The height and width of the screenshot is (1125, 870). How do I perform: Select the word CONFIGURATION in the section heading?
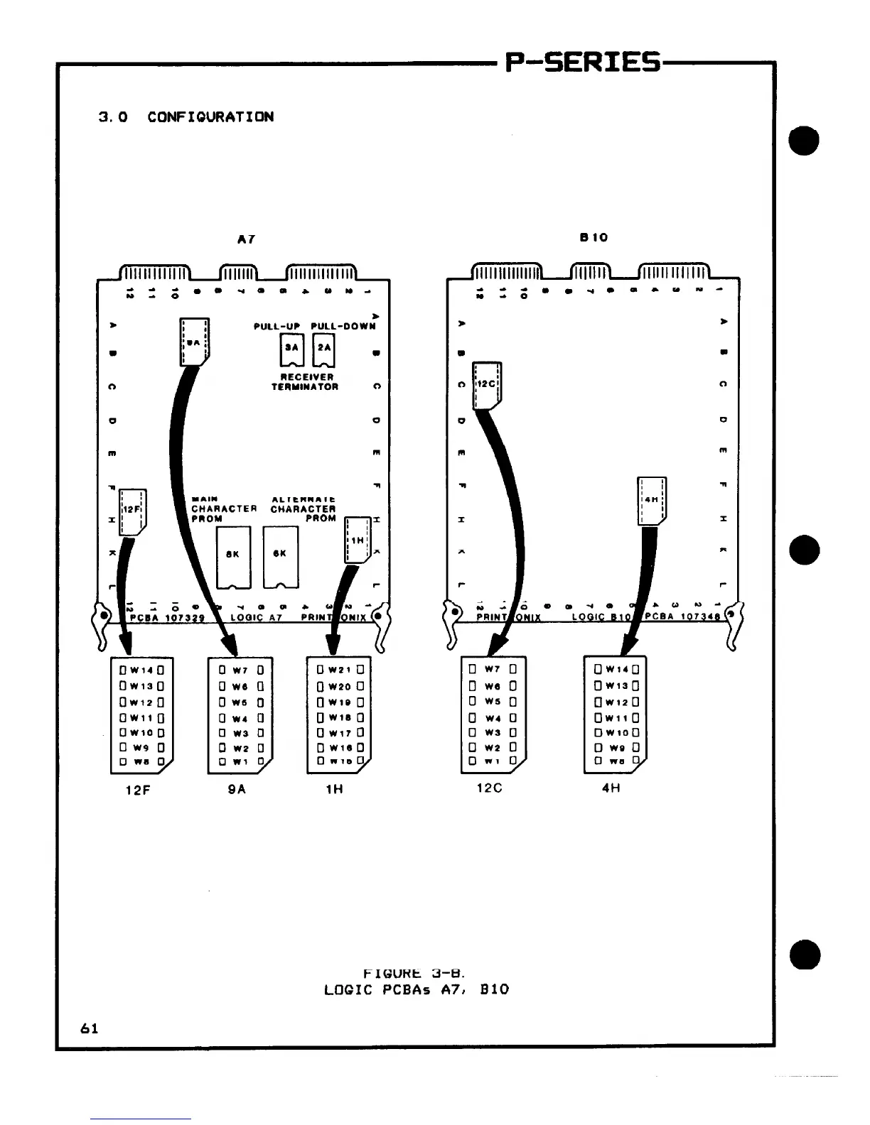click(x=210, y=117)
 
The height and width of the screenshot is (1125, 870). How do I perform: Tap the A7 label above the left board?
click(x=246, y=240)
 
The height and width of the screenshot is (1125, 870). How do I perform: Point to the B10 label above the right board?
click(x=594, y=237)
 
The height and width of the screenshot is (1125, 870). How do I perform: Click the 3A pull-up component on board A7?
click(x=291, y=348)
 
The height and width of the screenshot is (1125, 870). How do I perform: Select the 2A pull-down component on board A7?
click(x=324, y=348)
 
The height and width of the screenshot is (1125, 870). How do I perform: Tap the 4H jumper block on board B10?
click(x=652, y=500)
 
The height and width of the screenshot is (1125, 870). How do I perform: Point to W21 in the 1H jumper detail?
click(x=340, y=669)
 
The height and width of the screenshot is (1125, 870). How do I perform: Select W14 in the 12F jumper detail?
click(x=142, y=670)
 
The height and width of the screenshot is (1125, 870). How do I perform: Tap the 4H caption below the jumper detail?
click(x=611, y=788)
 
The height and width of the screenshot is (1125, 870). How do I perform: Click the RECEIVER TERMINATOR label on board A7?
click(x=306, y=382)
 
